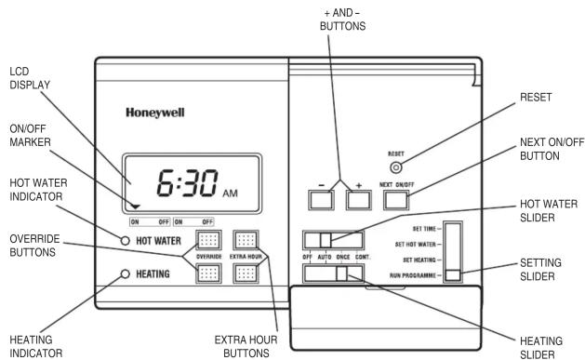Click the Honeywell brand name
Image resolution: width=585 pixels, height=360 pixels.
pos(154,113)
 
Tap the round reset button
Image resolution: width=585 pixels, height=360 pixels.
pos(396,167)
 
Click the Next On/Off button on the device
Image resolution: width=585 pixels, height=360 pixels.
pos(396,200)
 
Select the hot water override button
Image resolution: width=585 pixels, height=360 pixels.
pos(208,240)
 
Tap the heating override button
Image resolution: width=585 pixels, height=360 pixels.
pos(208,273)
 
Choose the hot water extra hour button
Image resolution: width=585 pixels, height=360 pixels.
pos(246,240)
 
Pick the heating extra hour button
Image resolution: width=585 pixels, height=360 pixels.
pos(246,273)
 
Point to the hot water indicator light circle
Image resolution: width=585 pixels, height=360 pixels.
pos(126,241)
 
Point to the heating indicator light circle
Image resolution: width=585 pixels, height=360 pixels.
pos(126,274)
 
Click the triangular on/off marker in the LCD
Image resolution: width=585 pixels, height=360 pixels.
pos(136,207)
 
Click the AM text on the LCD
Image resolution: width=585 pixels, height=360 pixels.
pos(231,193)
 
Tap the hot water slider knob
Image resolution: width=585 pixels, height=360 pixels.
pos(326,240)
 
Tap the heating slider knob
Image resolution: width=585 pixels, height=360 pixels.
pos(341,273)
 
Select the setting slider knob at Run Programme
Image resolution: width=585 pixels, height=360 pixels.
pos(453,275)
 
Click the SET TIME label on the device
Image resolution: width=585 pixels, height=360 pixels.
pos(424,229)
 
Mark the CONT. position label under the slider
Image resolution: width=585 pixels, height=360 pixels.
pos(363,257)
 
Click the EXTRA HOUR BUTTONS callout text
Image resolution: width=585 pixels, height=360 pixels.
pos(246,346)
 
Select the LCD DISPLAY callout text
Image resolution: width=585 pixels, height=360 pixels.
pos(30,78)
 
